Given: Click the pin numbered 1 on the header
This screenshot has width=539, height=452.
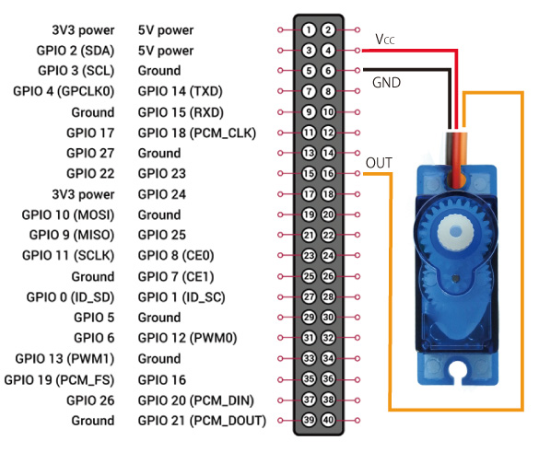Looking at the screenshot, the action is coord(309,29).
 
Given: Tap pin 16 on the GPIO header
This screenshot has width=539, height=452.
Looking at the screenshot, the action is coord(328,173).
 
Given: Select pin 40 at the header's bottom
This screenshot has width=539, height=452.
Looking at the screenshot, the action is coord(328,420).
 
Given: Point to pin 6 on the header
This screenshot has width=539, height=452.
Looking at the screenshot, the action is coord(328,71).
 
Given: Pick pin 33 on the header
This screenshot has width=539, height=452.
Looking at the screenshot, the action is coord(309,359).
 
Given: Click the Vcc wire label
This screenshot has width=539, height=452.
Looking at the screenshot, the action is coord(384,40).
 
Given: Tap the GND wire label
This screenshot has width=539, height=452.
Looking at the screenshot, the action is coord(386,83).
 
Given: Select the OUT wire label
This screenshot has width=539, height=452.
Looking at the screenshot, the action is coord(379,163).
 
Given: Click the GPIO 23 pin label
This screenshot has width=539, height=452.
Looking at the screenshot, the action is coord(162,173).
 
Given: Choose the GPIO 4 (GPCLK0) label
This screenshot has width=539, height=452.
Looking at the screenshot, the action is coord(64,91).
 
